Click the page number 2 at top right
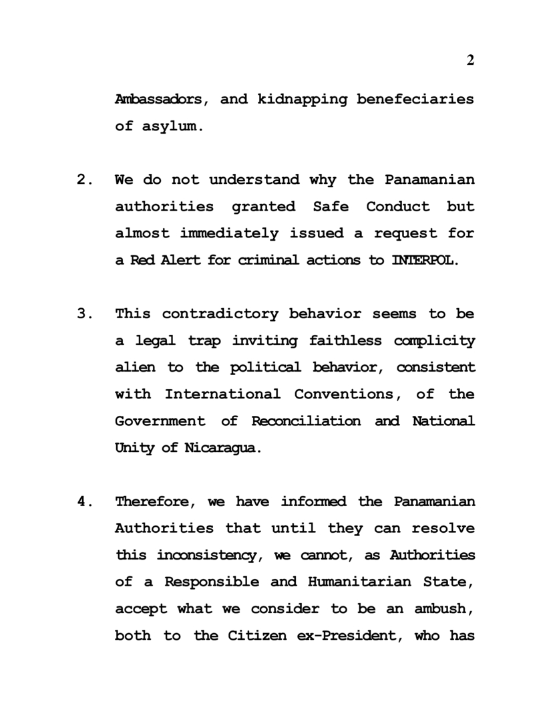coord(470,61)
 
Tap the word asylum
coord(170,126)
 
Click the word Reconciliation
coord(306,421)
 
